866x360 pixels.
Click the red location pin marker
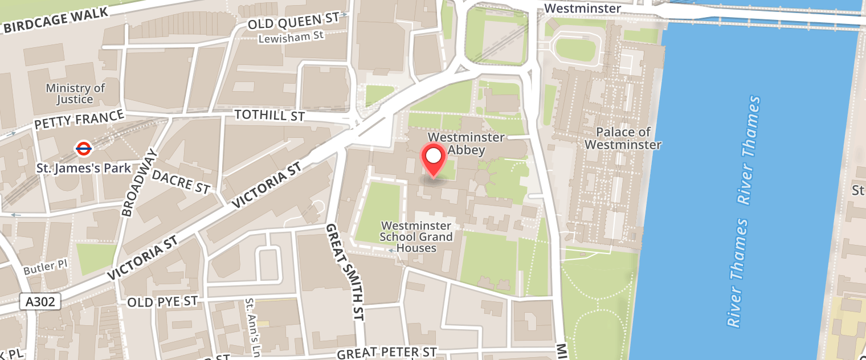point(434,158)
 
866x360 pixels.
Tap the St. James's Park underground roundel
point(83,149)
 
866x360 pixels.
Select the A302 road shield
point(40,301)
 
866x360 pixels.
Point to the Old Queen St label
point(293,23)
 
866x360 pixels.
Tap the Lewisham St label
point(291,38)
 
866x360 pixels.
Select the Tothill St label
point(270,116)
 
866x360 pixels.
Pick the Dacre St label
point(181,181)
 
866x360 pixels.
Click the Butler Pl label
point(47,266)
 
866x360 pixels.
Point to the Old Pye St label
point(162,301)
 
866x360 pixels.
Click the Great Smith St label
point(345,272)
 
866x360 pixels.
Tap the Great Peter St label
point(387,353)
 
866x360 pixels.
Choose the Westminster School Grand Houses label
point(416,237)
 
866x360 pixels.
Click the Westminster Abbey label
point(466,144)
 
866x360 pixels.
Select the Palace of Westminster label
point(623,138)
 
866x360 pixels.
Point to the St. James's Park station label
point(84,169)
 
